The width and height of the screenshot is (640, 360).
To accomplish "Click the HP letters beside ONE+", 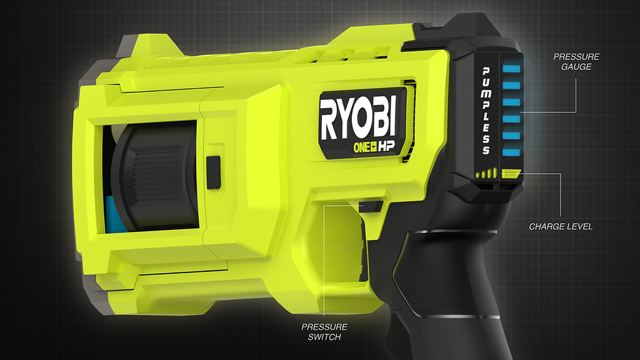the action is [x=387, y=147].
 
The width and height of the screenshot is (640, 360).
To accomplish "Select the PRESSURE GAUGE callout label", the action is [x=576, y=61].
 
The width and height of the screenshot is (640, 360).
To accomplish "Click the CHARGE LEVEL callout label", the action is [x=560, y=227].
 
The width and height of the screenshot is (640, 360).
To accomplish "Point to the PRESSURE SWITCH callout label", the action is [x=325, y=332].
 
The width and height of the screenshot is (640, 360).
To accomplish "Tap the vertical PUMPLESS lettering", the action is [x=486, y=111].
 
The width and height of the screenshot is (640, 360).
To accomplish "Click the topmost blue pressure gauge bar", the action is [x=511, y=69].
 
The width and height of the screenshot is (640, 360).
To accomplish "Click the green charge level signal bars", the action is [x=486, y=174].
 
